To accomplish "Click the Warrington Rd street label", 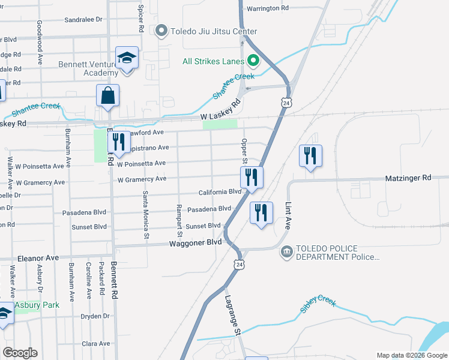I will [268, 8].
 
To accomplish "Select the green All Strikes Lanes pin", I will [253, 61].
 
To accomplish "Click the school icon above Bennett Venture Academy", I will [127, 58].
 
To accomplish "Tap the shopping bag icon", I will [107, 95].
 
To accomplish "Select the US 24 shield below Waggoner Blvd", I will [240, 264].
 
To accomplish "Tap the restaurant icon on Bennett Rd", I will [118, 142].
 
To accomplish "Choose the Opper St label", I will [244, 151].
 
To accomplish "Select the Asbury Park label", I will [37, 305].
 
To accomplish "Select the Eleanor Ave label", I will [38, 257].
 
